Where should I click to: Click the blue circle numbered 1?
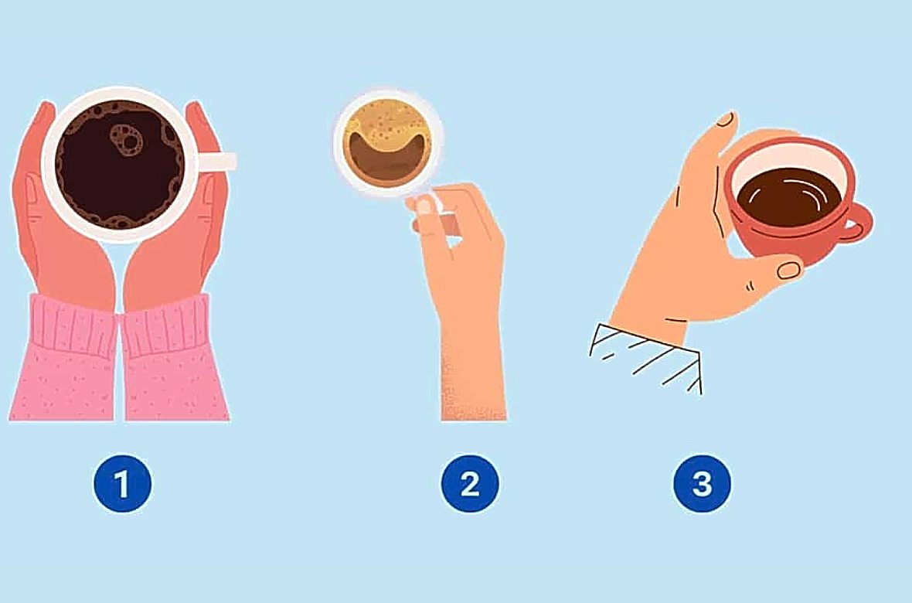coord(122,484)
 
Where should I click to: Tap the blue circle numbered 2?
coord(469,484)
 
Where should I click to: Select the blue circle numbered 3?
coord(702,484)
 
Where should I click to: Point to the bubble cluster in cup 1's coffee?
coord(127,140)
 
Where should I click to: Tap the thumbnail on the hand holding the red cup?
coord(788,270)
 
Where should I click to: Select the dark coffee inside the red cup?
coord(788,196)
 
